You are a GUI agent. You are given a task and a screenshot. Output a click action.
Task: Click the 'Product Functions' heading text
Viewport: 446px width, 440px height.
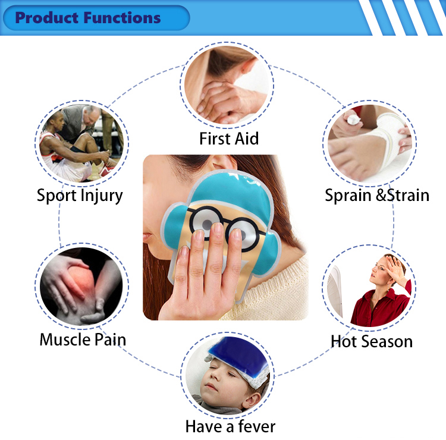(88, 18)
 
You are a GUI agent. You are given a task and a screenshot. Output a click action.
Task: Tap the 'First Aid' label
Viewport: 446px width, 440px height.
(229, 139)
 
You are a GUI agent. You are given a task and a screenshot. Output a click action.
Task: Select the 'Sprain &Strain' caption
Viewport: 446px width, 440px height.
(377, 195)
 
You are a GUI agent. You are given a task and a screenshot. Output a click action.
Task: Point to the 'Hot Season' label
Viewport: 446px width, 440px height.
(371, 341)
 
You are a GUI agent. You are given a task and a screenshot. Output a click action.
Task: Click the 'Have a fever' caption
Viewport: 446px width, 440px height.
(230, 426)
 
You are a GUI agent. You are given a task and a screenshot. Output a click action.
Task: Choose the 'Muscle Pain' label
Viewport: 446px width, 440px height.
(83, 340)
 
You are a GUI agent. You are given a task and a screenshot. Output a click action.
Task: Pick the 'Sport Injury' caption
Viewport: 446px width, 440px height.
(80, 195)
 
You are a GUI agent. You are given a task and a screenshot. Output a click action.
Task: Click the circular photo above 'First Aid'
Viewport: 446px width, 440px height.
(228, 86)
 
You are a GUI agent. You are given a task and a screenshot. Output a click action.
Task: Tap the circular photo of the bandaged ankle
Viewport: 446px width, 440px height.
(370, 142)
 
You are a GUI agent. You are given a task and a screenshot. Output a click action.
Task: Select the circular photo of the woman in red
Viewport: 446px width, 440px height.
(370, 288)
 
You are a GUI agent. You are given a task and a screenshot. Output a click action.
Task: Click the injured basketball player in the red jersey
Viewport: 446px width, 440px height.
(59, 149)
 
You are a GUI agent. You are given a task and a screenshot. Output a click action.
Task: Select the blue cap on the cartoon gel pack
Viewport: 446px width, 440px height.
(229, 187)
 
